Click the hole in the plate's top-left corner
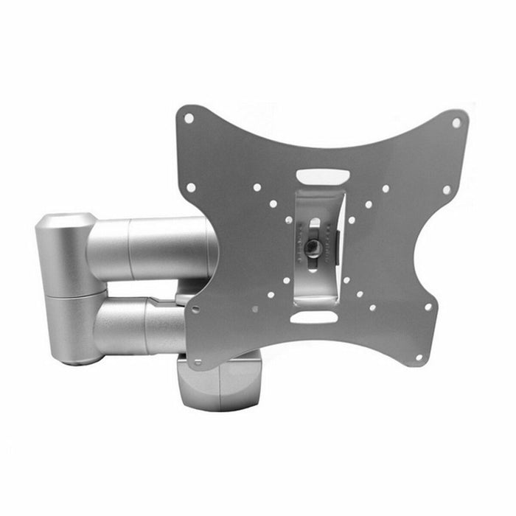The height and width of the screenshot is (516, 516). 189,118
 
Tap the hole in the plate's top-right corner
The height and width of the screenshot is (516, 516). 456,123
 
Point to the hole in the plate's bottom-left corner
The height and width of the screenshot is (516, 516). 197,362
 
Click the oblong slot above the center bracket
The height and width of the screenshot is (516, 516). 323,178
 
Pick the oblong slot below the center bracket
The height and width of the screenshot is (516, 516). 313,316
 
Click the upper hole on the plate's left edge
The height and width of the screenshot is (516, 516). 190,187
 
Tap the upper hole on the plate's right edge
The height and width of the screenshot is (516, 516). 446,189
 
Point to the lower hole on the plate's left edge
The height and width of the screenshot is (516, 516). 195,310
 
